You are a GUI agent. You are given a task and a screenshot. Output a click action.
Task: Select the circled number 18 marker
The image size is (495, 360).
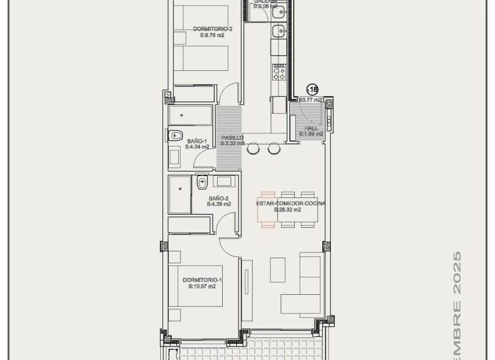pos(312,89)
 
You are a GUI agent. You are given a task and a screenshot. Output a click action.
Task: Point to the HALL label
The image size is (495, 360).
pos(311,128)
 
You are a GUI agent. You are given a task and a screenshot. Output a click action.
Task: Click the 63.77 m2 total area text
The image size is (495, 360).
pos(310,100)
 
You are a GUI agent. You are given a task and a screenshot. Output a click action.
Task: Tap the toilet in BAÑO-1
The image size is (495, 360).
pos(175,135)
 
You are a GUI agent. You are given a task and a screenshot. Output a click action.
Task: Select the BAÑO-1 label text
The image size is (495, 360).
pos(197,141)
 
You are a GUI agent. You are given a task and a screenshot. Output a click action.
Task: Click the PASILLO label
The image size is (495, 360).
pos(232,137)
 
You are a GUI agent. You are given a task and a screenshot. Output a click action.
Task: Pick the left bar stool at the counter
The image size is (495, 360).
pos(254,148)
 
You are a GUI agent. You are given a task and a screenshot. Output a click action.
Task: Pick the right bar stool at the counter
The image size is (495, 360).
pos(274,148)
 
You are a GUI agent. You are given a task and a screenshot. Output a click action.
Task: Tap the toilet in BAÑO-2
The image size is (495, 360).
pos(202,182)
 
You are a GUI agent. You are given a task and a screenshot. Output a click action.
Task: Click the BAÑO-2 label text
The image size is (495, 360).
pos(218,198)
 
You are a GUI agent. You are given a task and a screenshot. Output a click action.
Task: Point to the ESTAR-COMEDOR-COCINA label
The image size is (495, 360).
pos(291,203)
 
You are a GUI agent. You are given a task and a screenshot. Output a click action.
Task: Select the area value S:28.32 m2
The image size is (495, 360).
pos(287,210)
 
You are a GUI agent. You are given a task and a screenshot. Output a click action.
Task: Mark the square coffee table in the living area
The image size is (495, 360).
pos(278,269)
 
